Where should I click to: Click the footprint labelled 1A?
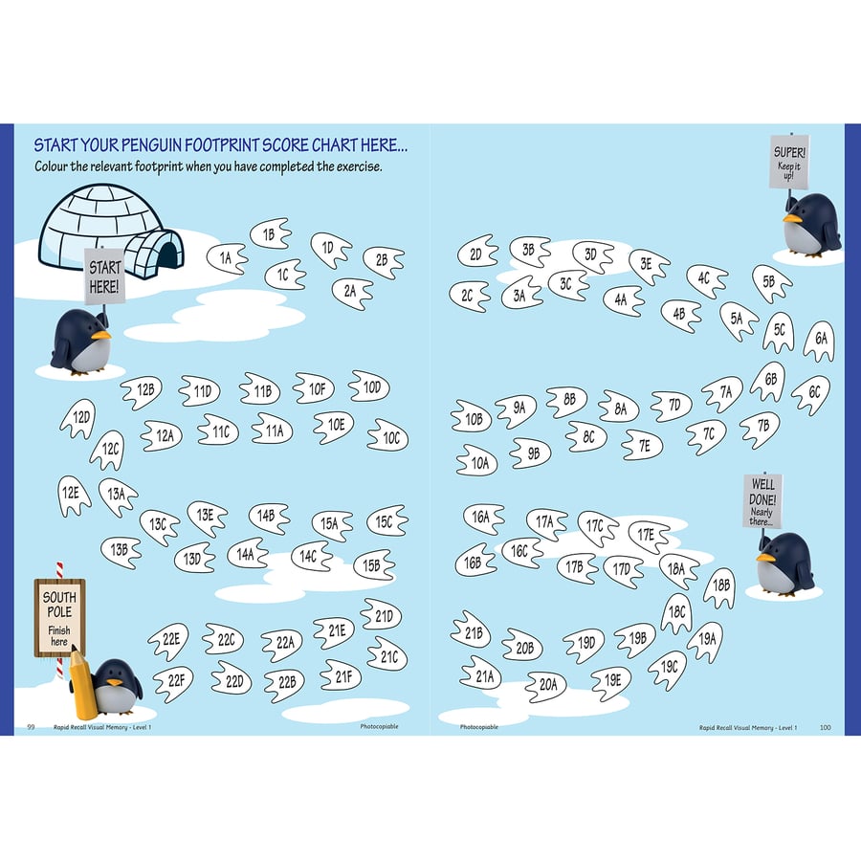pos(227,258)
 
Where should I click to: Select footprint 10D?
pos(369,386)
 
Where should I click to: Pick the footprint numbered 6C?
pos(811,393)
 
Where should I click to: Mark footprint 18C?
pos(677,611)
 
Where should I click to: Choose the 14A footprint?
pos(247,554)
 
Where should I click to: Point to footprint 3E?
pos(649,266)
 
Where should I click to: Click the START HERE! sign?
pos(104,276)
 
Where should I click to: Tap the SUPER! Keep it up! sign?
pos(789,161)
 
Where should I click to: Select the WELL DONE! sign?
pos(762,501)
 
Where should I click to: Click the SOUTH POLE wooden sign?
pos(59,618)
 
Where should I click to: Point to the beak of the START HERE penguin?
pos(100,335)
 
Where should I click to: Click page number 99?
pos(31,727)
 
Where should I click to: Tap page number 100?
pos(826,728)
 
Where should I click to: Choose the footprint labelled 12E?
pos(72,495)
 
